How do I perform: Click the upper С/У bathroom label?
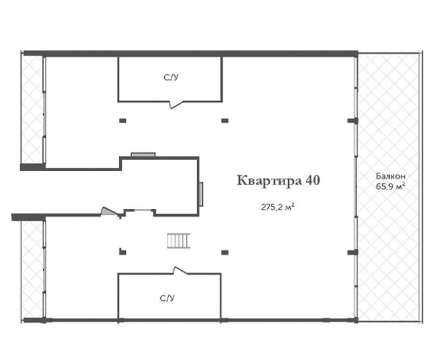pyautogui.click(x=171, y=77)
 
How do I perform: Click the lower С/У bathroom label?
pyautogui.click(x=167, y=298)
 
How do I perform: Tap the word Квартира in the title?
pyautogui.click(x=269, y=181)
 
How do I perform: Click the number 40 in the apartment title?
pyautogui.click(x=312, y=180)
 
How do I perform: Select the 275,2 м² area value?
pyautogui.click(x=277, y=207)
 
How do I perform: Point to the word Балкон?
pyautogui.click(x=391, y=176)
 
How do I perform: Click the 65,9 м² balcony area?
pyautogui.click(x=390, y=186)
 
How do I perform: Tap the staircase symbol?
pyautogui.click(x=179, y=241)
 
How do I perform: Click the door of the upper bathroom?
pyautogui.click(x=176, y=105)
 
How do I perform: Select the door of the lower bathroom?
pyautogui.click(x=180, y=271)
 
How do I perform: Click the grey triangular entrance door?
pyautogui.click(x=109, y=211)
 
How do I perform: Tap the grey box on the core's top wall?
pyautogui.click(x=143, y=154)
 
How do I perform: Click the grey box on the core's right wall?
pyautogui.click(x=201, y=194)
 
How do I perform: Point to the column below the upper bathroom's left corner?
pyautogui.click(x=123, y=120)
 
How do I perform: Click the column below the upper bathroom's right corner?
pyautogui.click(x=225, y=120)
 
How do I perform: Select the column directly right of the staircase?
pyautogui.click(x=225, y=253)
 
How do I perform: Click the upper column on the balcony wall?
pyautogui.click(x=353, y=120)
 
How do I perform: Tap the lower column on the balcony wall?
pyautogui.click(x=353, y=252)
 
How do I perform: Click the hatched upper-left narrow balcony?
pyautogui.click(x=32, y=110)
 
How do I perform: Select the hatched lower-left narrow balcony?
pyautogui.click(x=32, y=269)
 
